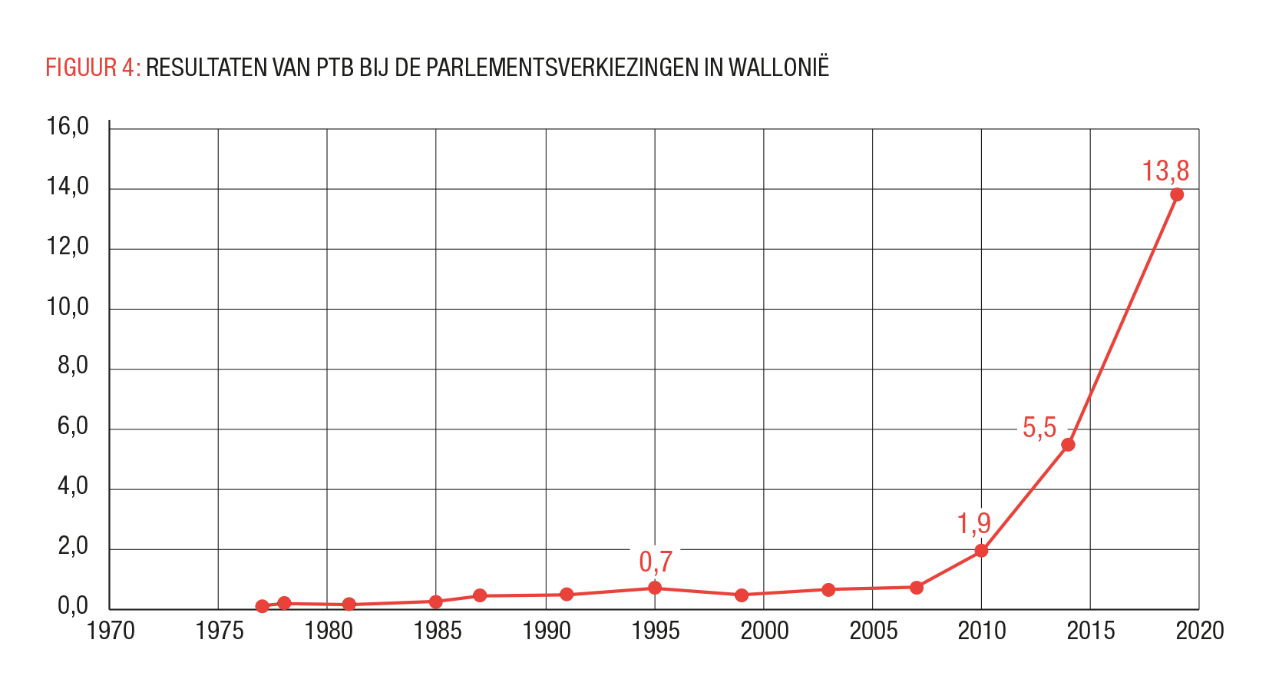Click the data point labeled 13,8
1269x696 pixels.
point(1176,194)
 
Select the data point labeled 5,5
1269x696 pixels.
point(1067,445)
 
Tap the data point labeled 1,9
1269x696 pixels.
point(980,550)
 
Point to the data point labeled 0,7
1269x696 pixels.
point(654,588)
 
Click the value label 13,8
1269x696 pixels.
point(1165,171)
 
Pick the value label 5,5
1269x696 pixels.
point(1039,428)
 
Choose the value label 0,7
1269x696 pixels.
point(655,562)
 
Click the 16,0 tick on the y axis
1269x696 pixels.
point(68,127)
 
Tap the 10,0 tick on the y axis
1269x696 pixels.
point(68,307)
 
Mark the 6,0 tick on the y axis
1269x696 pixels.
point(73,427)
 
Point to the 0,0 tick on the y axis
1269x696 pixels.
point(73,607)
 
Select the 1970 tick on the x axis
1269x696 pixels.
point(111,631)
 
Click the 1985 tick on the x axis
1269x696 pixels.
point(437,631)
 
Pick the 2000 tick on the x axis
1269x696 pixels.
point(764,631)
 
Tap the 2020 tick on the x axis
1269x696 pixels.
point(1199,631)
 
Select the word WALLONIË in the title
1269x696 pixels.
point(778,68)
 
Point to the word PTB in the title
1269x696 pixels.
point(334,68)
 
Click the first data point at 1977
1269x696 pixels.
point(262,606)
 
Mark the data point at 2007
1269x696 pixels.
point(916,588)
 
